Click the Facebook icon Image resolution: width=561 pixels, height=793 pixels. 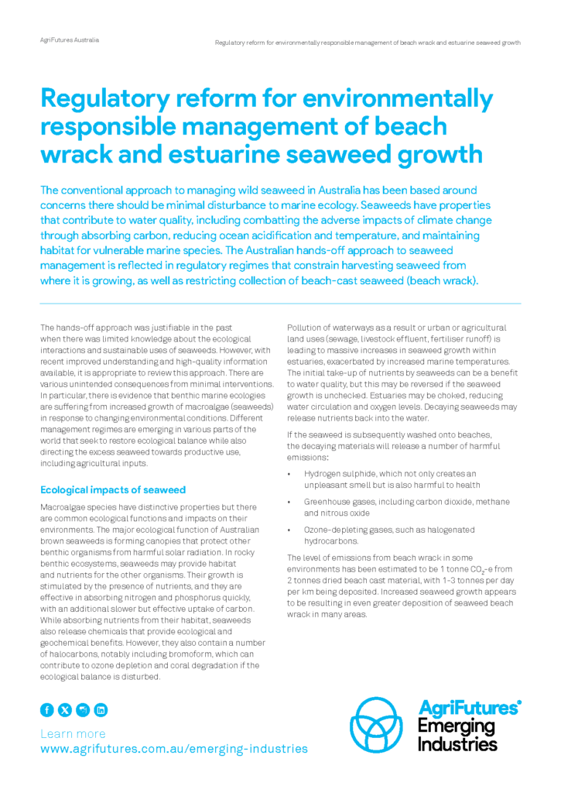[47, 709]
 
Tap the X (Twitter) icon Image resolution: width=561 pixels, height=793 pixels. [65, 709]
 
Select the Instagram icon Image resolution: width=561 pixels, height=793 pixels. [83, 709]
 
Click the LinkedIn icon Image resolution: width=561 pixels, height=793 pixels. [101, 709]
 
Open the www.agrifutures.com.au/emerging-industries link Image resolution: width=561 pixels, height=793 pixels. [173, 749]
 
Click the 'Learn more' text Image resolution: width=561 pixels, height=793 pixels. [73, 733]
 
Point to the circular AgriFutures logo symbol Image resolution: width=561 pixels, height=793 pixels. [378, 725]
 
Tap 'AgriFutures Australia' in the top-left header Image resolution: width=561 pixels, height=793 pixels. [69, 39]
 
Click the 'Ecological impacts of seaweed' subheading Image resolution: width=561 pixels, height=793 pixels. [113, 489]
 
